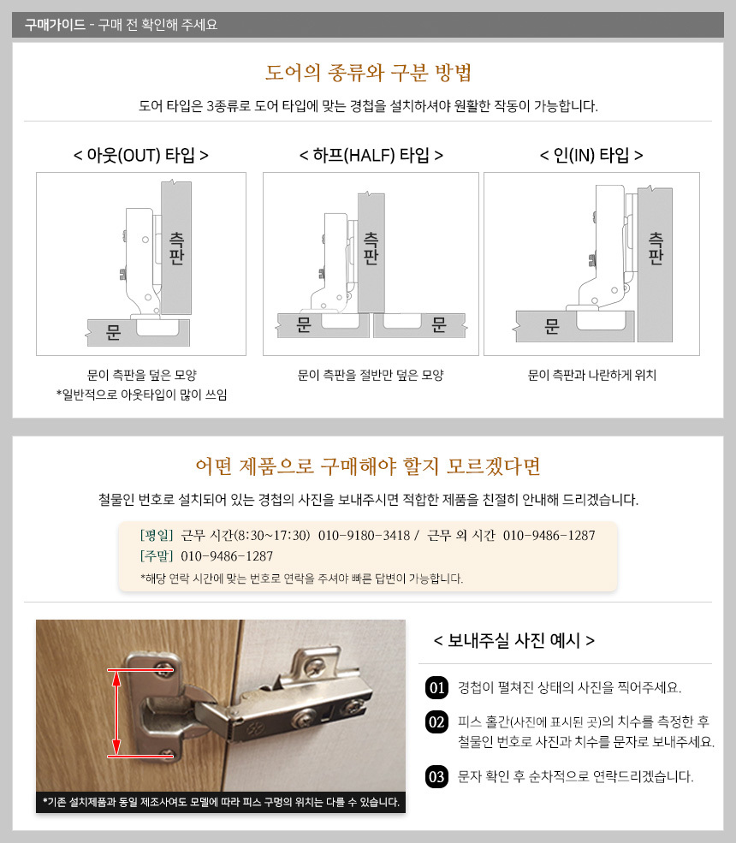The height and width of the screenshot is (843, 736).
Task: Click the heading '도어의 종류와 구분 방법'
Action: click(x=368, y=73)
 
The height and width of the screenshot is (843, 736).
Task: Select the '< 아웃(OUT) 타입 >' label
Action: click(x=141, y=156)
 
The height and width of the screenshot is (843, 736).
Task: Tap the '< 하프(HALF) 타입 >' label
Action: click(x=371, y=156)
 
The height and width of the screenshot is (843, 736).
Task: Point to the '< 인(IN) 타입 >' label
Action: click(x=591, y=156)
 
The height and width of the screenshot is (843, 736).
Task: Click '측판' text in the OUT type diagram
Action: click(x=176, y=248)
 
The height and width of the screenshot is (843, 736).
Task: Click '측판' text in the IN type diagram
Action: click(x=656, y=248)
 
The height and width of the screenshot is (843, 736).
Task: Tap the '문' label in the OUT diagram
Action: click(x=114, y=332)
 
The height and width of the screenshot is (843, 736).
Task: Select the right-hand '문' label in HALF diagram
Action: click(x=439, y=324)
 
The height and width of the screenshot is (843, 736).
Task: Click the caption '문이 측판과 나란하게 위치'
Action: click(x=592, y=375)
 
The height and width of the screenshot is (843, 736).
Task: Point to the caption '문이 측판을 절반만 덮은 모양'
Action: click(x=371, y=375)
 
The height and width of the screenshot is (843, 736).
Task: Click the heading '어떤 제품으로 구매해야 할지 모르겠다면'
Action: click(x=368, y=466)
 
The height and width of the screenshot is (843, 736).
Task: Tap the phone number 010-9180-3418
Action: click(x=364, y=536)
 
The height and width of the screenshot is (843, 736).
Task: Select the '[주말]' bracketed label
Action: click(x=157, y=556)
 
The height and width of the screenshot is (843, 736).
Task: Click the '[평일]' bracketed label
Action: click(x=157, y=536)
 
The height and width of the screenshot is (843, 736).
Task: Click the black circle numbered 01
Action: click(x=437, y=687)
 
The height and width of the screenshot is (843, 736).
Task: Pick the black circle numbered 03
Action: click(x=437, y=777)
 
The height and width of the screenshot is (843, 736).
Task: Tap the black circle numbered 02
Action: click(x=437, y=722)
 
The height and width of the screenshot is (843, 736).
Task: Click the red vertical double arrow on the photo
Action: click(x=116, y=713)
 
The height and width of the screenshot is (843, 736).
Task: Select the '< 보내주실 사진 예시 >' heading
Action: click(x=514, y=640)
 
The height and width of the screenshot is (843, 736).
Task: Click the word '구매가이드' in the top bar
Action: click(x=55, y=25)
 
